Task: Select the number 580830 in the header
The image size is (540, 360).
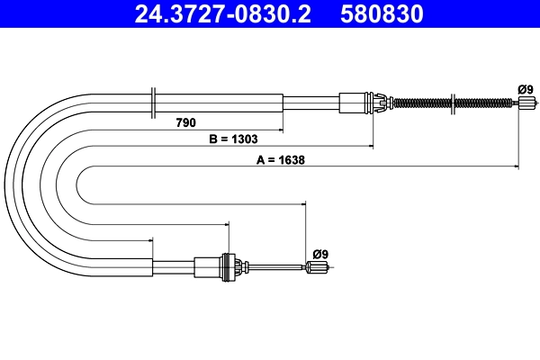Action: tap(382, 14)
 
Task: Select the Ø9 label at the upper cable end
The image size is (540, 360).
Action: tap(525, 88)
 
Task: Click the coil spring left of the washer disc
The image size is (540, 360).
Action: tap(423, 102)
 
